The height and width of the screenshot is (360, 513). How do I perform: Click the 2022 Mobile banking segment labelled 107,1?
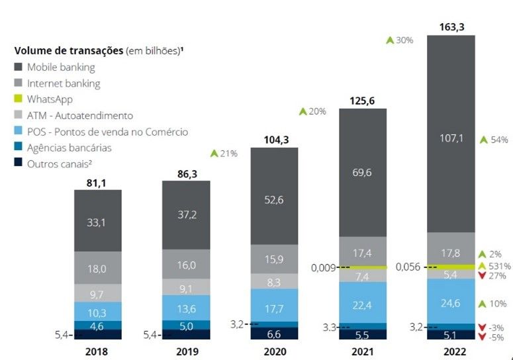[x=451, y=140]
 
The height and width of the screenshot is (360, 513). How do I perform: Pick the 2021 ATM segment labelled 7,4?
[x=362, y=276]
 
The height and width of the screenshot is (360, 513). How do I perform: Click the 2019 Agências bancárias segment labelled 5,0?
[x=186, y=325]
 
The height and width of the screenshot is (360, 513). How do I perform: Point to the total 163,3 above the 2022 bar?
[x=451, y=27]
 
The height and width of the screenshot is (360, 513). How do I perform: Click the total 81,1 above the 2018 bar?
[x=97, y=181]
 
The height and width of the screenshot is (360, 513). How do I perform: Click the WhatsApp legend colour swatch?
[x=19, y=99]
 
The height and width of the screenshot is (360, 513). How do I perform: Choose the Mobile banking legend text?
[x=61, y=67]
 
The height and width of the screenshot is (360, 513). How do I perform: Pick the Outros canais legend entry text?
[x=62, y=163]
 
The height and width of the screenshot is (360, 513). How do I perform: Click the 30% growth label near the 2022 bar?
[x=404, y=40]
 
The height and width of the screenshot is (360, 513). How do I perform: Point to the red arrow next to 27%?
[x=483, y=277]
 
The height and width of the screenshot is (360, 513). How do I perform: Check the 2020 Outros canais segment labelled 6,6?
[x=274, y=334]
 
